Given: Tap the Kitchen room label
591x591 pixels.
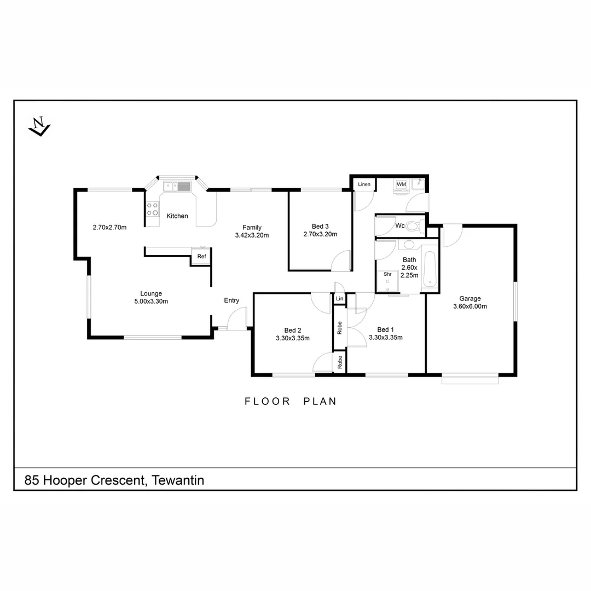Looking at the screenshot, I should [x=177, y=216].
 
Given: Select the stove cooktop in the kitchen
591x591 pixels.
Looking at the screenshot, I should [x=152, y=209].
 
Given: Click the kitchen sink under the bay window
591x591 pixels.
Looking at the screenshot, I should [x=177, y=187].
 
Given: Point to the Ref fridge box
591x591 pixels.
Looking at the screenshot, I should [x=201, y=256].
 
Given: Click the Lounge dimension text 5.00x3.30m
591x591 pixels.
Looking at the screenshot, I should [x=150, y=302].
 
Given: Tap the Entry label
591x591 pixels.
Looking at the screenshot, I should [x=231, y=300].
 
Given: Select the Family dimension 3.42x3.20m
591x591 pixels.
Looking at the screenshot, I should [x=252, y=235].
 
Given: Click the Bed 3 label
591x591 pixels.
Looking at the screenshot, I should [x=320, y=226].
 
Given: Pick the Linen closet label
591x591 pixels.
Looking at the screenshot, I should [x=364, y=184].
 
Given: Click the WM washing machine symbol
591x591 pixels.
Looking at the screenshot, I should [x=401, y=185].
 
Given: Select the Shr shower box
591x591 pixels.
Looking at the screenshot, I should [x=388, y=280].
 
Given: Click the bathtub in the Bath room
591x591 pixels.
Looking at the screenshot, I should [x=430, y=270].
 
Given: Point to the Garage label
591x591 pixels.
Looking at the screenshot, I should [x=470, y=298].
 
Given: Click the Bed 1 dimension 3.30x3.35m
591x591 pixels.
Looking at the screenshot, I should [x=386, y=338].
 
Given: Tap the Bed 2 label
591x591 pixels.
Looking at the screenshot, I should [x=293, y=330].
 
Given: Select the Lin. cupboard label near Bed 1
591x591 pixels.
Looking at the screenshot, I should [x=340, y=299].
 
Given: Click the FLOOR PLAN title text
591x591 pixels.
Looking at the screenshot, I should [x=290, y=401].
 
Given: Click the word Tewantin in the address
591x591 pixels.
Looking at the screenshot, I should [x=178, y=480].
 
